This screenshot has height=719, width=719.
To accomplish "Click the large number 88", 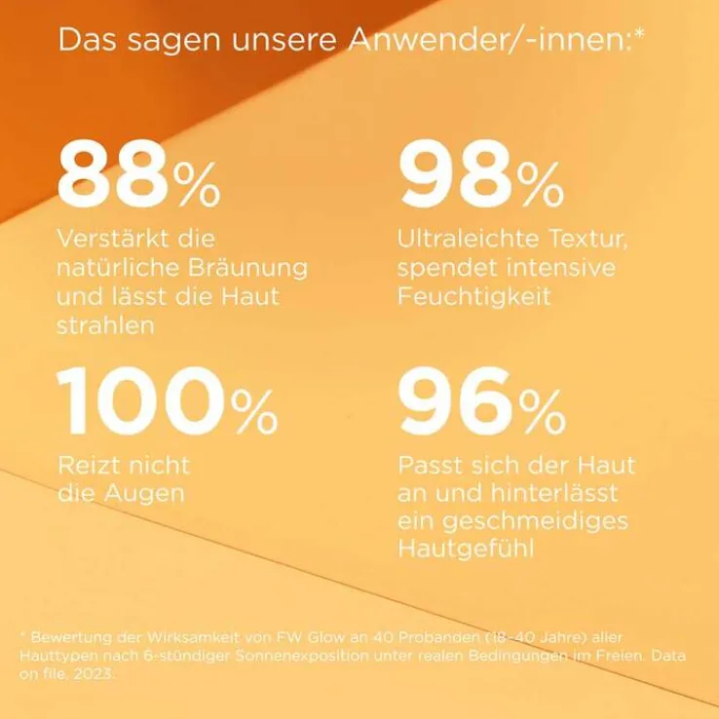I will tap(115, 173).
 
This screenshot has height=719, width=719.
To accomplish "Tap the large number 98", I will tap(455, 173).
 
